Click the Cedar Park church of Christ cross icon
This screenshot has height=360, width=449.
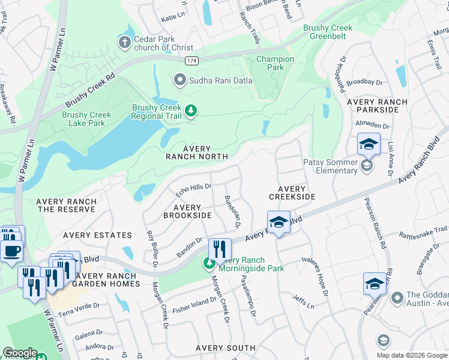[125, 43]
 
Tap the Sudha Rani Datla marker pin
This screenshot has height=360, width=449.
[179, 80]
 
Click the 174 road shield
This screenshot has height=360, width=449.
[191, 61]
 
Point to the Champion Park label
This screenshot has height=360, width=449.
[275, 64]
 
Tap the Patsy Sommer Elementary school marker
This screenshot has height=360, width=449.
[367, 164]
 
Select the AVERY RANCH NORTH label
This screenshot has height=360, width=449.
[197, 152]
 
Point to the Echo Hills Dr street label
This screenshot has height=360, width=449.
[193, 190]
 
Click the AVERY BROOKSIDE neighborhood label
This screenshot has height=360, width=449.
[187, 211]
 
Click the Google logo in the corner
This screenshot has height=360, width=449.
[20, 353]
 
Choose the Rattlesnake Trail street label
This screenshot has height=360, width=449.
[423, 229]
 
